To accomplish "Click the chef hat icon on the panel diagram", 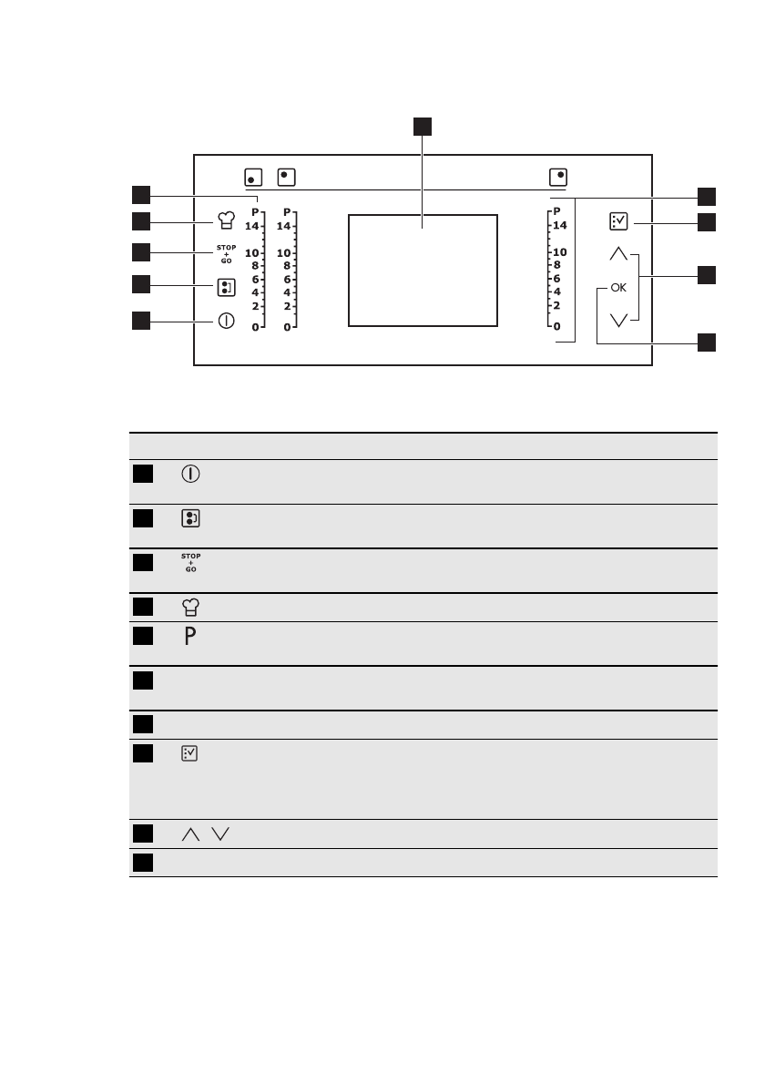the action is (x=226, y=220).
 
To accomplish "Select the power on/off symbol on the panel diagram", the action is (x=226, y=321).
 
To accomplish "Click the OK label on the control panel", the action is (x=619, y=288).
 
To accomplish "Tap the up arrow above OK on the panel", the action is (x=619, y=254).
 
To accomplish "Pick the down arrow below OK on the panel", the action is (x=619, y=320).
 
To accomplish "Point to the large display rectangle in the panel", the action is (x=423, y=270).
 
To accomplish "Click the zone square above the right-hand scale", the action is (x=559, y=176).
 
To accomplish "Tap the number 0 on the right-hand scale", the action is (x=557, y=325).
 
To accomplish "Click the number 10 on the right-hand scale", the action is (x=559, y=252).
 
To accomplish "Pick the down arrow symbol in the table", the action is (x=219, y=833).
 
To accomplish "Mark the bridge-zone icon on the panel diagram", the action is (x=226, y=289).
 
